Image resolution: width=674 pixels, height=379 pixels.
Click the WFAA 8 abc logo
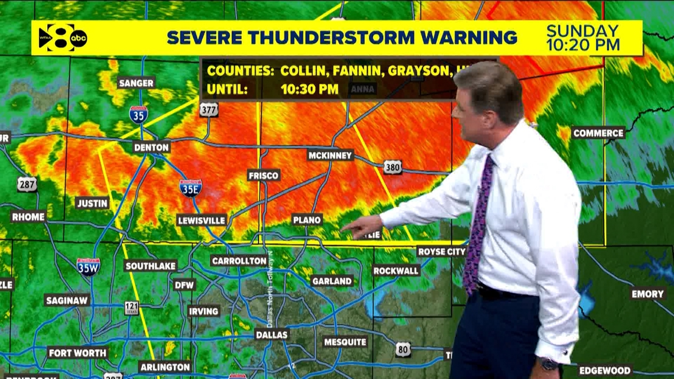tap(62, 38)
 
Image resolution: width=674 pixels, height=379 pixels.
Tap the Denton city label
tap(151, 147)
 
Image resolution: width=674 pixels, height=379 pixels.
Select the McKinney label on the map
tap(330, 156)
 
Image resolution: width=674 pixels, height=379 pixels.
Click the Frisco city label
tap(263, 176)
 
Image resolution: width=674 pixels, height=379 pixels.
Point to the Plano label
tap(307, 220)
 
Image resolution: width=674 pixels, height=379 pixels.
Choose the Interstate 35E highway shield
tap(190, 187)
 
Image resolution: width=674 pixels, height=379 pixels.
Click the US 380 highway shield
tap(392, 167)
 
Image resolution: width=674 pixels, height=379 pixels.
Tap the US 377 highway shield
tap(209, 109)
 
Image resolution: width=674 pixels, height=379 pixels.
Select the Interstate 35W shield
tap(88, 267)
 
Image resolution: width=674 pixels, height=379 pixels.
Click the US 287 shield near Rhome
tap(27, 184)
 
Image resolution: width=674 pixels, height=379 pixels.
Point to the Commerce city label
tap(598, 133)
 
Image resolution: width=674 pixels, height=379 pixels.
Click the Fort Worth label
tap(77, 353)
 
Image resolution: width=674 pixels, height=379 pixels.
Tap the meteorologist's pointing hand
tap(362, 227)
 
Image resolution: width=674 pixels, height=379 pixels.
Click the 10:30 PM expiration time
tap(309, 90)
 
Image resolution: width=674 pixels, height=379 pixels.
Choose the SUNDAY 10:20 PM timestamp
tap(582, 37)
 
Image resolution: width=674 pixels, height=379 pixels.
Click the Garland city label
tap(331, 281)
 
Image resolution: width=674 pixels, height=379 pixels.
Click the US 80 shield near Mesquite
tap(403, 349)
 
